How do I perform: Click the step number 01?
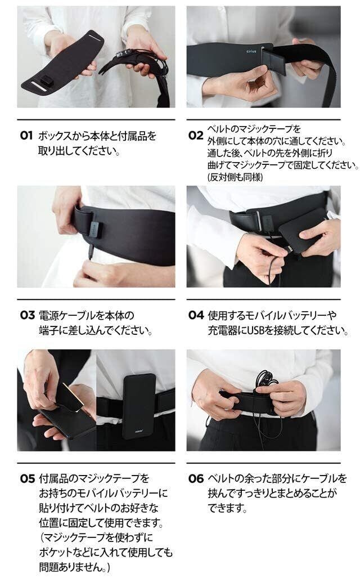pos(26,136)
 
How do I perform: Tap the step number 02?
pos(196,135)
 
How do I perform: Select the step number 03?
pos(27,315)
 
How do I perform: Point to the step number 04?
pos(196,315)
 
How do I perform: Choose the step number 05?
pos(27,478)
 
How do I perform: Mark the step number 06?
pos(196,478)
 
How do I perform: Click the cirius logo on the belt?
pos(251,51)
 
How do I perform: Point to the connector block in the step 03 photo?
pos(94,230)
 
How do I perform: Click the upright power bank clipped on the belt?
pos(139,406)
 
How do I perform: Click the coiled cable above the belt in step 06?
pos(266,381)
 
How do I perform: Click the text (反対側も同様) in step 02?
pos(235,177)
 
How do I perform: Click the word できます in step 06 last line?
pos(225,508)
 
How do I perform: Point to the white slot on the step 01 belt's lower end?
pos(38,87)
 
